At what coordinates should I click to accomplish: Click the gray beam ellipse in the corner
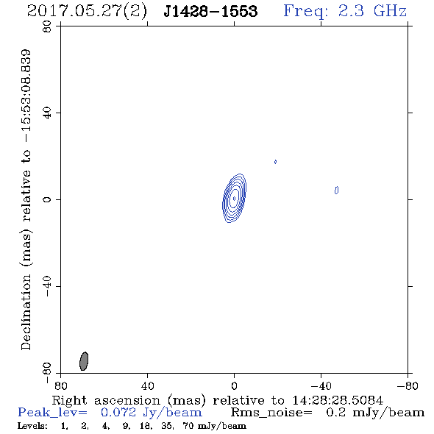click(x=84, y=361)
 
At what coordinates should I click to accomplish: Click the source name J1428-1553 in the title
click(x=210, y=11)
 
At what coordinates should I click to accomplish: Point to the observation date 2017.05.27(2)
click(x=87, y=12)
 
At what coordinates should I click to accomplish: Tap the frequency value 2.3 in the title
click(x=351, y=11)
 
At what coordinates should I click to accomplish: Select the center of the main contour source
click(x=234, y=198)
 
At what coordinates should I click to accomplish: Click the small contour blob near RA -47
click(x=336, y=191)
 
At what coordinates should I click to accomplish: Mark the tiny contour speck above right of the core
click(x=275, y=162)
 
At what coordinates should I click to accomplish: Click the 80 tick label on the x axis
click(x=60, y=385)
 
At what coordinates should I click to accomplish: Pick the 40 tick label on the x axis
click(x=147, y=385)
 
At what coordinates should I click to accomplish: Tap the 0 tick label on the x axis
click(x=234, y=385)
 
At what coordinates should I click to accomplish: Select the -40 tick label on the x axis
click(x=321, y=385)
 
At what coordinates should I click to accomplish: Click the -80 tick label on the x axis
click(x=408, y=385)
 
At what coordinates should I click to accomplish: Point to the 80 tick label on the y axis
click(x=47, y=26)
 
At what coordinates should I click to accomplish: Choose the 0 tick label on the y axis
click(x=47, y=199)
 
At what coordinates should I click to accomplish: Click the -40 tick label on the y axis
click(x=47, y=286)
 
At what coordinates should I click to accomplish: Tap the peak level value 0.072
click(x=118, y=413)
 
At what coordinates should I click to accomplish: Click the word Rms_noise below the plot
click(x=271, y=413)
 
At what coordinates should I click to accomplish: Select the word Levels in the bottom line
click(x=32, y=425)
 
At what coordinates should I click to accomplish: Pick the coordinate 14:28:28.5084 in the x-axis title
click(x=338, y=400)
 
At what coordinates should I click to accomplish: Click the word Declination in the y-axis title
click(x=26, y=312)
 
